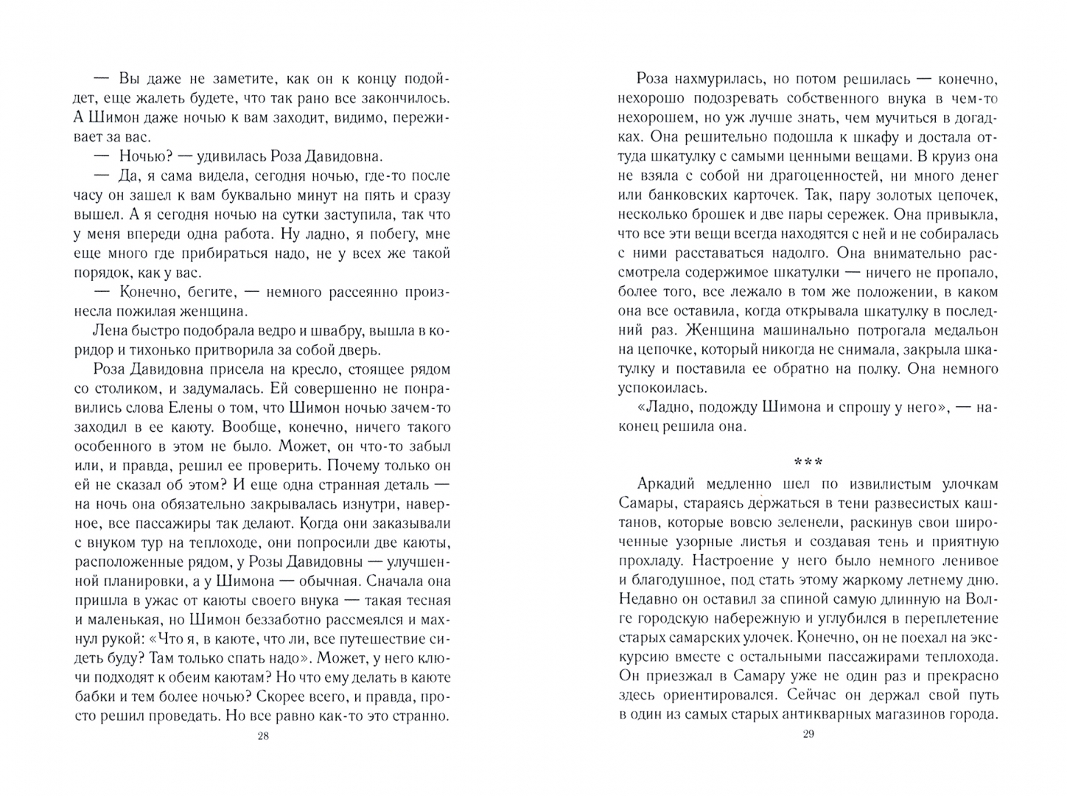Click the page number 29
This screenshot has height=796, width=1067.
coord(808,734)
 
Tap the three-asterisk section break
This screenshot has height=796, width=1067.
coord(808,463)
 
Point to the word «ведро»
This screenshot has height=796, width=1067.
coord(294,330)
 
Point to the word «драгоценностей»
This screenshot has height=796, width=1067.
coord(822,175)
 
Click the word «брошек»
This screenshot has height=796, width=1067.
coord(750,214)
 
